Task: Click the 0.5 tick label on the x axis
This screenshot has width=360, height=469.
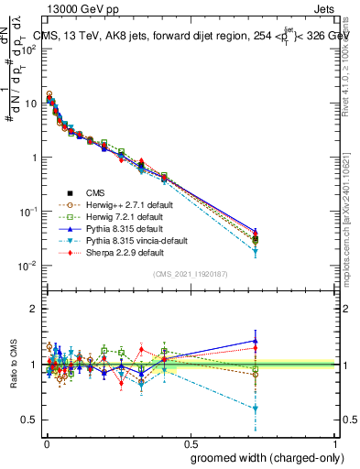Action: click(x=190, y=443)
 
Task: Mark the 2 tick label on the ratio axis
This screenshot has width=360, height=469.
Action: click(x=33, y=309)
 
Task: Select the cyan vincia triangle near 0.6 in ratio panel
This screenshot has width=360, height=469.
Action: click(x=256, y=409)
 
